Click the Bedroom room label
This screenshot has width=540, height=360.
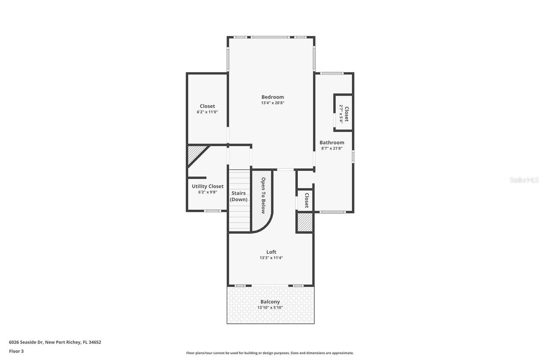coord(273,97)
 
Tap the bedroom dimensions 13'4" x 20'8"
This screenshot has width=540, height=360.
coord(273,103)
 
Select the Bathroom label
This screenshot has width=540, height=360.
coord(332,143)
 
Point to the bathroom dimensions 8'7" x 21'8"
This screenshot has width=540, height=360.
coord(332,149)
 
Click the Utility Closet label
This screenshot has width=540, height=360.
coord(208,186)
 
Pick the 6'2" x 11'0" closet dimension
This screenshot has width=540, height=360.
coord(207,112)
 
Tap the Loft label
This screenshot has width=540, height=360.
coord(271,252)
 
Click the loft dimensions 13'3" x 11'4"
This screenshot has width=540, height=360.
coord(271,258)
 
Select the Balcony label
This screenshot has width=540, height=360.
coord(270,302)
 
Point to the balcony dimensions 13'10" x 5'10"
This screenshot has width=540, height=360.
coord(270,308)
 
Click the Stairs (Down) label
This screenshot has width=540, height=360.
coord(239,196)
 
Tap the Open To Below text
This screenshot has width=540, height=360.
coord(263,195)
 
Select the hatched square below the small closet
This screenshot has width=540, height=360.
coord(305,222)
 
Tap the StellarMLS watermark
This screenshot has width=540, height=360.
coord(524,180)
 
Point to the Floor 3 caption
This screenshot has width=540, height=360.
coord(16,351)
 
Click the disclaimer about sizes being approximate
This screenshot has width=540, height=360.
coord(270,353)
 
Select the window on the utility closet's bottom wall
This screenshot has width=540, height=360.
coord(213,211)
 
